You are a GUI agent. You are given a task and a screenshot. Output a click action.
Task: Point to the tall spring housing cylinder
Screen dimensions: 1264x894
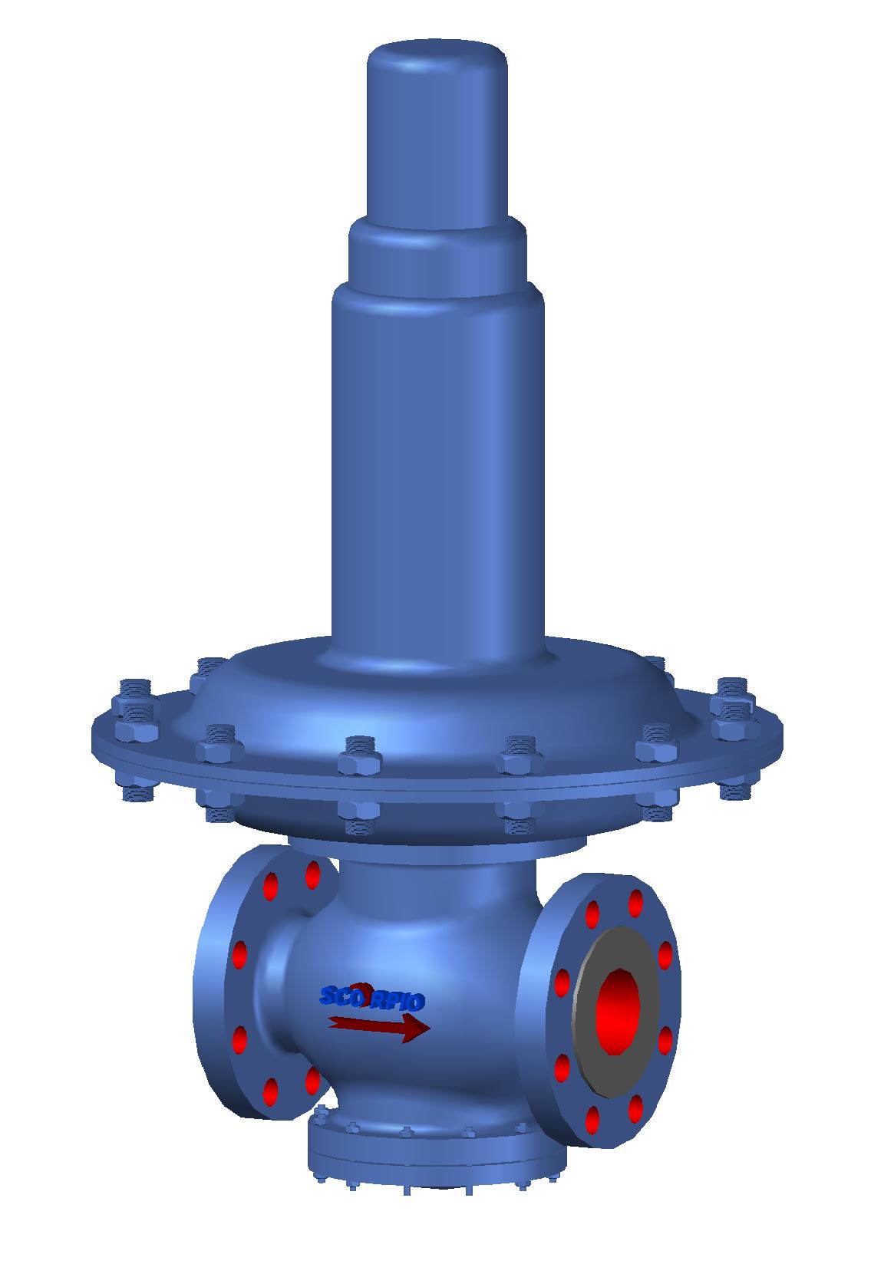[437, 460]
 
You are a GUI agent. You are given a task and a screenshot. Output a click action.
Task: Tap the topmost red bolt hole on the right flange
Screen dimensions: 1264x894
[635, 903]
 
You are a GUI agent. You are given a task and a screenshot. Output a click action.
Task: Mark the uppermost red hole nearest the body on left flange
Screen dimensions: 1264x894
[312, 874]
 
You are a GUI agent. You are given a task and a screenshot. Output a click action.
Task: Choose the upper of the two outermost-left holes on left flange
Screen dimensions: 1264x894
[239, 953]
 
